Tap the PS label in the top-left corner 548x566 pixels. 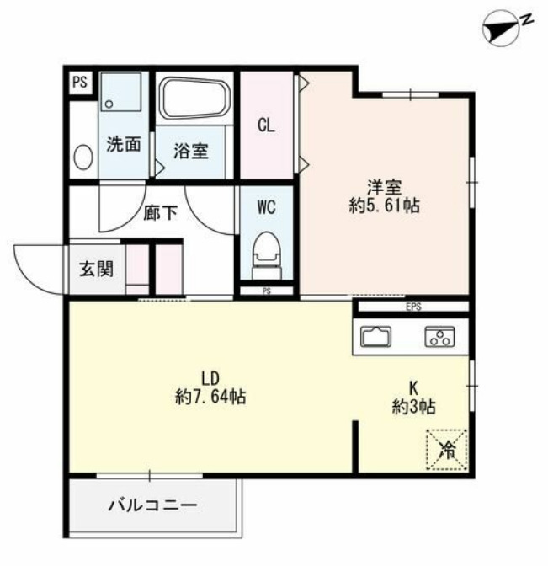click(x=80, y=83)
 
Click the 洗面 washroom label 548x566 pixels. click(x=123, y=145)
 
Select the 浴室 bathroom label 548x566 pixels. click(x=191, y=152)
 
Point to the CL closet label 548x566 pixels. click(x=267, y=126)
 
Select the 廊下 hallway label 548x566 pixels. click(x=161, y=212)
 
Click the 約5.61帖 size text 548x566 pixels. click(x=384, y=205)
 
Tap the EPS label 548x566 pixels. click(x=413, y=307)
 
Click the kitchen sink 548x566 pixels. click(x=375, y=337)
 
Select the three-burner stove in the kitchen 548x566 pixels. click(x=439, y=337)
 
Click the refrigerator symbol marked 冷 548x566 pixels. click(x=447, y=449)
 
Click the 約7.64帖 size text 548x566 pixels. click(x=211, y=397)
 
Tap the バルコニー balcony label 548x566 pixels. click(x=152, y=506)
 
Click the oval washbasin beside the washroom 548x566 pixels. click(x=82, y=157)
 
